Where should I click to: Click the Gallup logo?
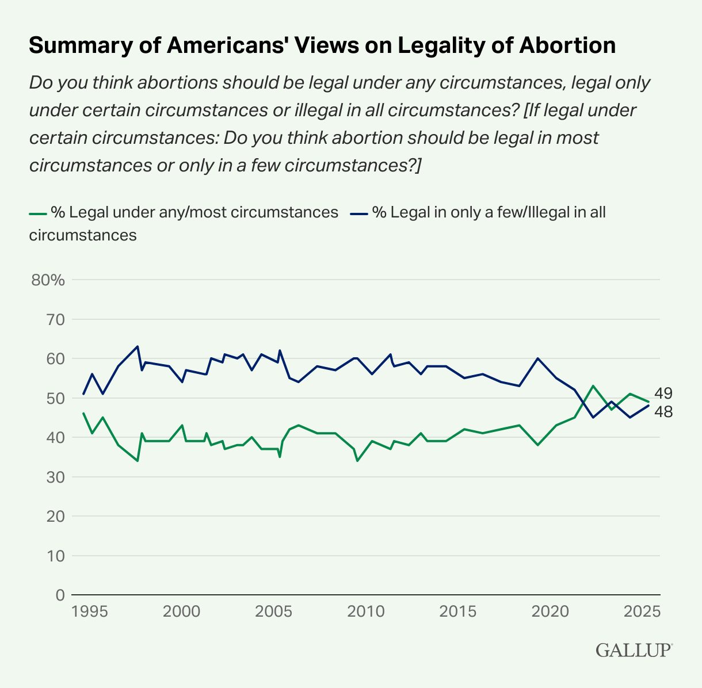pyautogui.click(x=634, y=649)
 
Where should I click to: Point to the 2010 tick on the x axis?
pyautogui.click(x=367, y=610)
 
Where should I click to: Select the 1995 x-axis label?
pyautogui.click(x=90, y=610)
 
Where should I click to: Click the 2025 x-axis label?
pyautogui.click(x=642, y=610)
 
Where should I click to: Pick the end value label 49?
pyautogui.click(x=663, y=394)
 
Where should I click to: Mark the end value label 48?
pyautogui.click(x=663, y=412)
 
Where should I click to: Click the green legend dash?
pyautogui.click(x=37, y=213)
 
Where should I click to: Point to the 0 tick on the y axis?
pyautogui.click(x=59, y=595)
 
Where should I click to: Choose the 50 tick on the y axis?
pyautogui.click(x=55, y=398)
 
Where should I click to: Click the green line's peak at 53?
pyautogui.click(x=593, y=386)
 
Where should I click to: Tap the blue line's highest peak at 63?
pyautogui.click(x=138, y=346)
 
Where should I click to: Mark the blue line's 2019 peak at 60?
pyautogui.click(x=537, y=358)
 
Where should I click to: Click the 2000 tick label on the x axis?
pyautogui.click(x=182, y=610)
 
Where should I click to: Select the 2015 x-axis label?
pyautogui.click(x=458, y=610)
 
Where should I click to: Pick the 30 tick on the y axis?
pyautogui.click(x=55, y=477)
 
